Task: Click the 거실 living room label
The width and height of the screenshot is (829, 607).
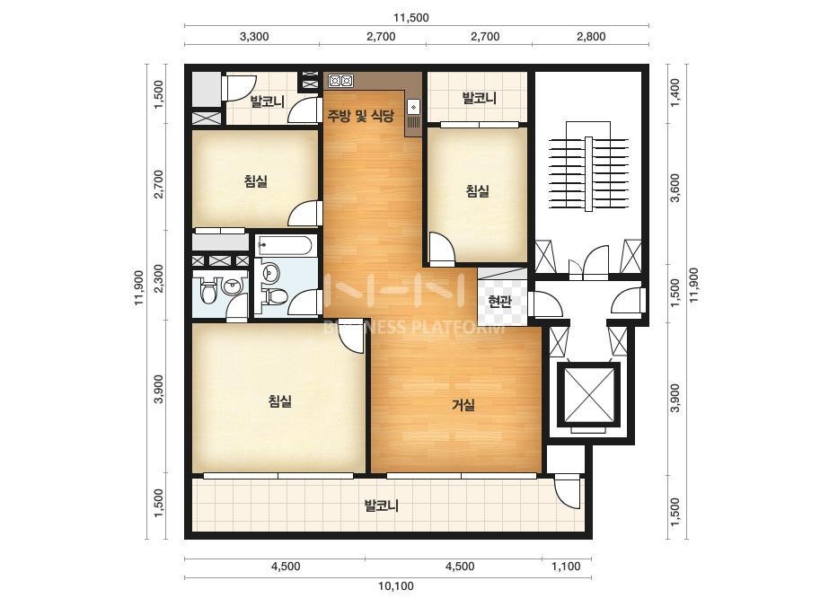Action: click(463, 405)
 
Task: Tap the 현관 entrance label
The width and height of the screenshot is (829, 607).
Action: click(499, 302)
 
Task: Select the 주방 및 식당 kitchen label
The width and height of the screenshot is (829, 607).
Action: click(361, 116)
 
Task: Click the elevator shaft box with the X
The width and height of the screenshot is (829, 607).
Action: click(589, 394)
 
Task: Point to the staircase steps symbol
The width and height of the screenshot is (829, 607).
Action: click(588, 173)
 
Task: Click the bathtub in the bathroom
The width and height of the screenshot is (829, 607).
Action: click(285, 246)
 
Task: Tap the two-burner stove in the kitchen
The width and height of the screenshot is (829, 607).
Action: click(340, 81)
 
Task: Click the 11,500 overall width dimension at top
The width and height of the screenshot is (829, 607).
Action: click(410, 17)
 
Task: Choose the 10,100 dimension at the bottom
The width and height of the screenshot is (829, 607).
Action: click(396, 585)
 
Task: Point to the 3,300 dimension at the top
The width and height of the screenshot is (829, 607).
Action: click(254, 37)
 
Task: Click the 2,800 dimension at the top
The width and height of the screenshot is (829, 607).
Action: click(591, 37)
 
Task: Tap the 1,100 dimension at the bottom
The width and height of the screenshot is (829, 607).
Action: click(566, 567)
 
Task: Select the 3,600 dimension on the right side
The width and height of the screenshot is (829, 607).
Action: click(675, 188)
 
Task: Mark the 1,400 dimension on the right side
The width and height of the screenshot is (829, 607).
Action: click(675, 93)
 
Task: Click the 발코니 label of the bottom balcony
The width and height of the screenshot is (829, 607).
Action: click(381, 506)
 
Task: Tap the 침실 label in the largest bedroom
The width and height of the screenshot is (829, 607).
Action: click(280, 401)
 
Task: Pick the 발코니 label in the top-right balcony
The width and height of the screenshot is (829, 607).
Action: click(479, 98)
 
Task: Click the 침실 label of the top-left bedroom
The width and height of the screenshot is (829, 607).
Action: click(256, 181)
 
